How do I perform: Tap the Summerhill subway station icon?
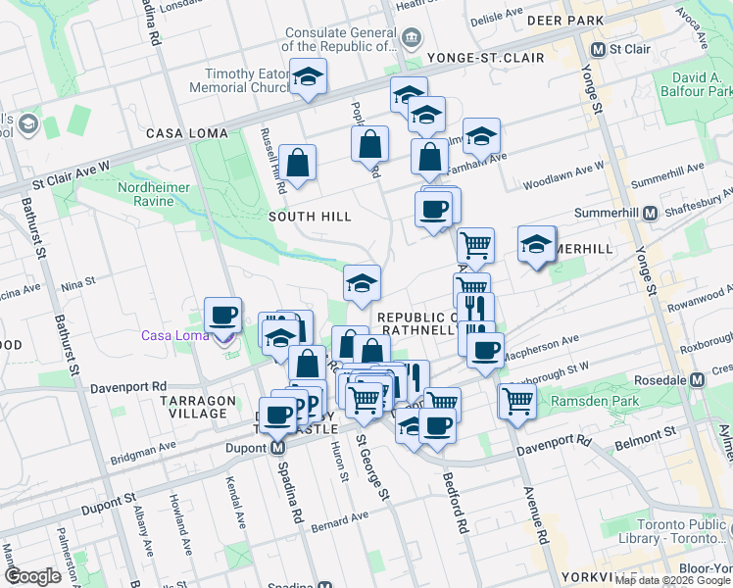[648, 213]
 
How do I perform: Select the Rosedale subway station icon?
[697, 380]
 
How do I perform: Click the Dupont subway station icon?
[277, 448]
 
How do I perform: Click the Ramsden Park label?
[593, 401]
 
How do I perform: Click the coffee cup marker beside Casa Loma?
[223, 317]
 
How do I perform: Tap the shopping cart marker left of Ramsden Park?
[516, 400]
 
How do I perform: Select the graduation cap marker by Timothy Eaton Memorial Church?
[308, 78]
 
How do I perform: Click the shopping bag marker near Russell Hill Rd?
[297, 163]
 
